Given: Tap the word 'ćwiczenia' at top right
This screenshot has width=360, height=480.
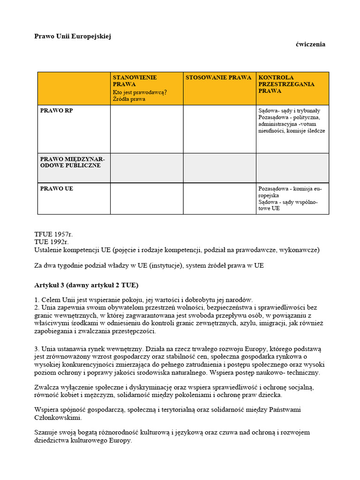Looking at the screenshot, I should point(310,45).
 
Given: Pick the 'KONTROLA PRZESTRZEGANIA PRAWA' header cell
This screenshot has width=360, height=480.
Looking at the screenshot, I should point(286,84).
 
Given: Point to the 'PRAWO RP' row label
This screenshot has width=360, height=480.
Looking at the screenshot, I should point(56,111).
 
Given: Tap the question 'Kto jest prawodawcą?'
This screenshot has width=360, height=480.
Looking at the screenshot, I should point(140,92).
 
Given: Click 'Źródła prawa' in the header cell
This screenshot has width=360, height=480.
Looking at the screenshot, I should point(129,99).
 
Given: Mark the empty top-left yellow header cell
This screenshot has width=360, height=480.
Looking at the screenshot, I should point(74,88).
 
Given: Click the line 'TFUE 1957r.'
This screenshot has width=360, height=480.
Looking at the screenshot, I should point(54,233).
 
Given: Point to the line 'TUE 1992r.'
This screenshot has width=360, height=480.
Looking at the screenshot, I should point(52,242).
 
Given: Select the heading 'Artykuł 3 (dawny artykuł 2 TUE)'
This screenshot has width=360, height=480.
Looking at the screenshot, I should point(86,285).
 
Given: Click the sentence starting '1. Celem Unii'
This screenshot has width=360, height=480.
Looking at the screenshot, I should point(143,300).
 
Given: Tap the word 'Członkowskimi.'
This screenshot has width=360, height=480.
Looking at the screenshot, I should point(58,418).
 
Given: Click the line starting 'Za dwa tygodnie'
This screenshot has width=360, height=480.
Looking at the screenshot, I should point(149,265).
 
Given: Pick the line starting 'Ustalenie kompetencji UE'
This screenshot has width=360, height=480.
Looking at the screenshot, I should point(177,250).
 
